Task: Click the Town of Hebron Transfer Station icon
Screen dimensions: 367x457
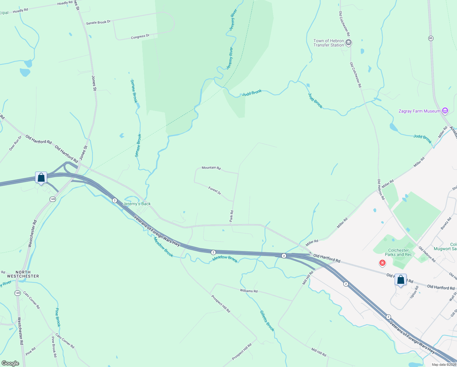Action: pyautogui.click(x=348, y=43)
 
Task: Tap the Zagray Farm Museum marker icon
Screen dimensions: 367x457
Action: pyautogui.click(x=445, y=111)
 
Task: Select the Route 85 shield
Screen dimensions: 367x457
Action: pyautogui.click(x=431, y=38)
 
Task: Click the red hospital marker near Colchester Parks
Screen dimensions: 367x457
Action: pyautogui.click(x=382, y=263)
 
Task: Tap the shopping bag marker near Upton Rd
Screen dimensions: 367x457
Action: pyautogui.click(x=400, y=280)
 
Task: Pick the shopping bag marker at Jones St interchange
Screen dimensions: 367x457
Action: pyautogui.click(x=41, y=178)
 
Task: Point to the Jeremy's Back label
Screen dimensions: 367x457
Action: pyautogui.click(x=137, y=204)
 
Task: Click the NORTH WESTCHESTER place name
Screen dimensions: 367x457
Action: pyautogui.click(x=23, y=274)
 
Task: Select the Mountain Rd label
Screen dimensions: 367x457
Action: pyautogui.click(x=211, y=168)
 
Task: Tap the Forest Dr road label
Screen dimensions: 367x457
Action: pyautogui.click(x=215, y=191)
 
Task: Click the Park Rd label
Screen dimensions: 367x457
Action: pyautogui.click(x=232, y=216)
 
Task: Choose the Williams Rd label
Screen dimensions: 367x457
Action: pyautogui.click(x=249, y=291)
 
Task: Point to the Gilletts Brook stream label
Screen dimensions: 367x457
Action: pyautogui.click(x=267, y=321)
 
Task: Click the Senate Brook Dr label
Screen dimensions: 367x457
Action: pyautogui.click(x=98, y=22)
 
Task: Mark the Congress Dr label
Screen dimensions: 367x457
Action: pyautogui.click(x=140, y=36)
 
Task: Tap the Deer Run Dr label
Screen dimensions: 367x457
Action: pyautogui.click(x=15, y=143)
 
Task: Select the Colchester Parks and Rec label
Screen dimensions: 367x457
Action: pyautogui.click(x=398, y=252)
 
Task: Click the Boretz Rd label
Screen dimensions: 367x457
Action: pyautogui.click(x=446, y=224)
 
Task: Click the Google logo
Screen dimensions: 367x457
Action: pyautogui.click(x=10, y=363)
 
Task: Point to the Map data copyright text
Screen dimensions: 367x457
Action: pyautogui.click(x=444, y=365)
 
